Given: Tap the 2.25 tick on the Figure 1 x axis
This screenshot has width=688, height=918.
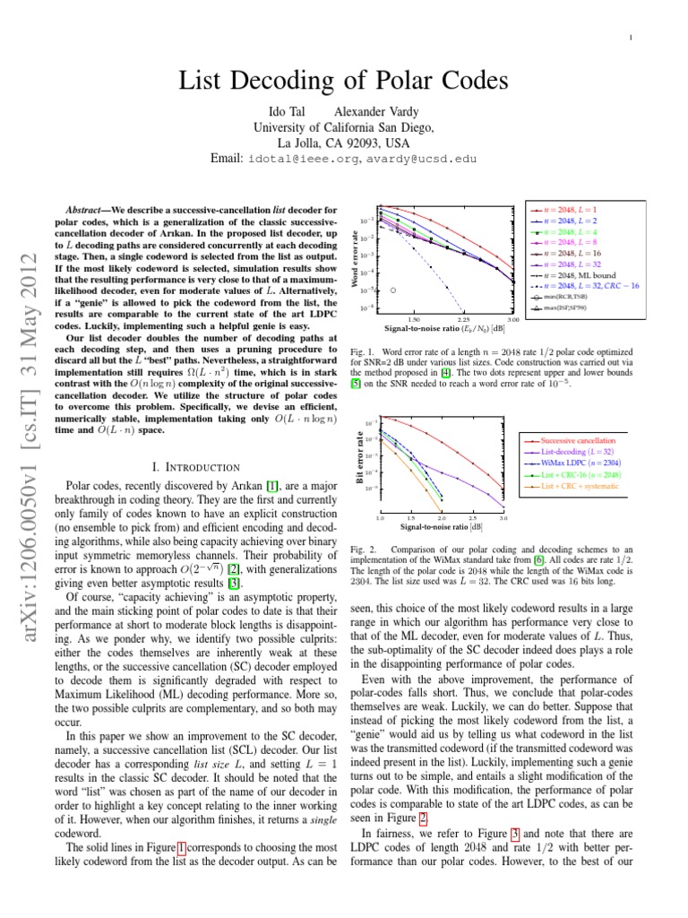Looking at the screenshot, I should tap(463, 319).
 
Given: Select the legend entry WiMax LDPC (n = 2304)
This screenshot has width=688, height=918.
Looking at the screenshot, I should tap(583, 463).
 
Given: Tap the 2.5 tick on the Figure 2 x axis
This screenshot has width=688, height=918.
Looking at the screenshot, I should tap(472, 518).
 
